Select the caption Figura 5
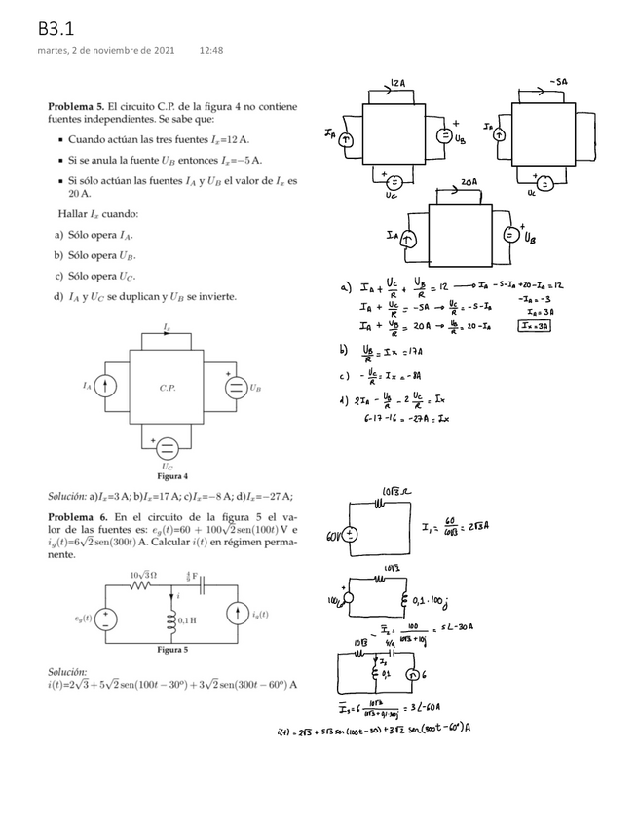point(171,648)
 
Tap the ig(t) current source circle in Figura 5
point(238,616)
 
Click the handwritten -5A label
point(557,84)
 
